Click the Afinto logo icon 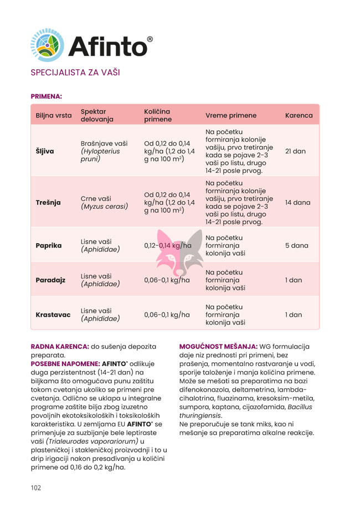click(x=47, y=45)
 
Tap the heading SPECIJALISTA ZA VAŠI click(x=75, y=73)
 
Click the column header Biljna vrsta click(x=54, y=116)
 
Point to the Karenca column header click(x=299, y=116)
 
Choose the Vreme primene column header click(x=231, y=116)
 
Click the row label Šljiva click(x=45, y=151)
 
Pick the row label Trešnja click(x=48, y=202)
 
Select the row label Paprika click(x=49, y=245)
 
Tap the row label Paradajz click(x=50, y=280)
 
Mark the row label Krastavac click(x=53, y=315)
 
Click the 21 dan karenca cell click(x=295, y=151)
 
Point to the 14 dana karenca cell click(x=297, y=202)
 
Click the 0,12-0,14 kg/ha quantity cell click(x=168, y=245)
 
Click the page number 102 click(x=36, y=487)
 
